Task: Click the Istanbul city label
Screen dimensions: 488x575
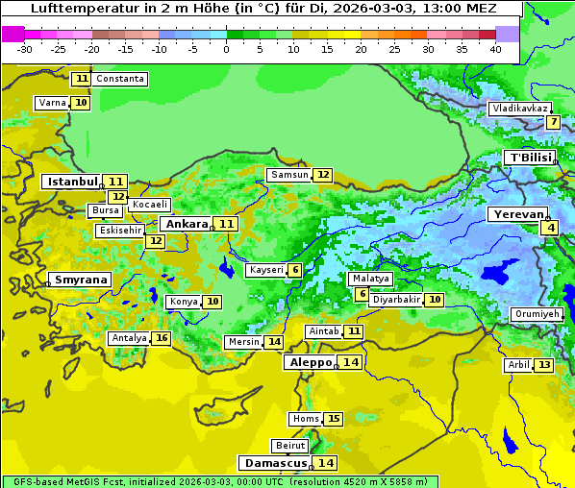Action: coord(73,181)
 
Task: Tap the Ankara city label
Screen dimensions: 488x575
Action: coord(184,224)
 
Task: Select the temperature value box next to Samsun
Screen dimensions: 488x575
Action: coord(322,175)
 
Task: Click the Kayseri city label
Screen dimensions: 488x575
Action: coord(266,270)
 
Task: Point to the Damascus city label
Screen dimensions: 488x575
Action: coord(275,462)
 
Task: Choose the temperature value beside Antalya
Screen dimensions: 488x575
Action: coord(162,338)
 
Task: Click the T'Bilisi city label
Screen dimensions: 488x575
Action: coord(530,158)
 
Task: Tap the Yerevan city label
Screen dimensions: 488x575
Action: coord(517,214)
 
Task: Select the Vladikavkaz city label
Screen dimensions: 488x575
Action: coord(519,109)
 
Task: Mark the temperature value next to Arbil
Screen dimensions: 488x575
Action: coord(544,365)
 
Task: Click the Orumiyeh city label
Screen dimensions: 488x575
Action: coord(536,314)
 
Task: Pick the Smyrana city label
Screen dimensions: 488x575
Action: coord(81,281)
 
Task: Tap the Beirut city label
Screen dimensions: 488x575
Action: coord(290,446)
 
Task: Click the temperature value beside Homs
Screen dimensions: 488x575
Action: coord(333,419)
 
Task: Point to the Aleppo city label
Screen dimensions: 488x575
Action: coord(309,362)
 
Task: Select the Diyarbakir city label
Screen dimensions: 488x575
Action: coord(396,300)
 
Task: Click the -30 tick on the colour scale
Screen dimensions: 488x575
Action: coord(25,48)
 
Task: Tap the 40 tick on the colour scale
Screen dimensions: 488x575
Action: coord(494,48)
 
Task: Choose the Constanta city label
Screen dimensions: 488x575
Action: coord(121,79)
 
